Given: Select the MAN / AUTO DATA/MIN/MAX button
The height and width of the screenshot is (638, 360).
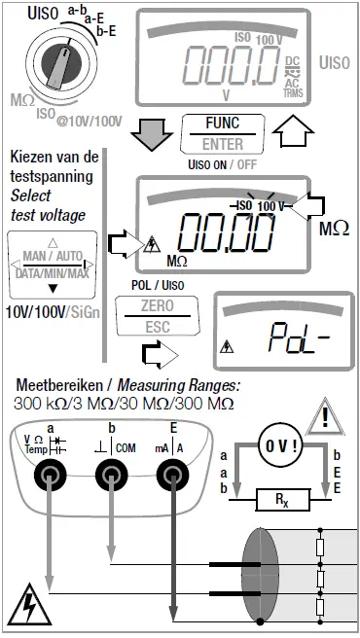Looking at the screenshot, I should [x=54, y=263].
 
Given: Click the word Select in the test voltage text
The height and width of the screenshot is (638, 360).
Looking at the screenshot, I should [x=29, y=195].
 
